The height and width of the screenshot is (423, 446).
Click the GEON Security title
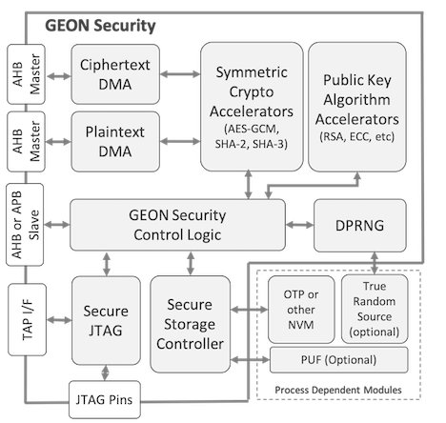point(100,26)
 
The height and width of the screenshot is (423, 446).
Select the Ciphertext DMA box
point(115,74)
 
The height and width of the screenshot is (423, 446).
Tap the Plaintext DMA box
point(115,142)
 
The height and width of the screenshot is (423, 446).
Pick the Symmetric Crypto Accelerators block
point(252,107)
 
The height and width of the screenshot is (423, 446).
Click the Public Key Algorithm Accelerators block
point(357,107)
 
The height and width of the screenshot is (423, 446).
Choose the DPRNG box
point(360,226)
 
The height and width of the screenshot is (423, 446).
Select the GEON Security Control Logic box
point(177,225)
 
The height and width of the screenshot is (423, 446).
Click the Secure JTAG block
point(106,320)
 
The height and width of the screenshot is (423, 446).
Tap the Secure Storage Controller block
point(190,324)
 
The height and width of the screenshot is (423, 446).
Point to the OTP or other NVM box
point(301,310)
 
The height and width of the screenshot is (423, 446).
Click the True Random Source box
point(375,309)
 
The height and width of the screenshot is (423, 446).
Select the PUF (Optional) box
point(339,360)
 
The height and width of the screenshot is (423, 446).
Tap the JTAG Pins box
point(105,399)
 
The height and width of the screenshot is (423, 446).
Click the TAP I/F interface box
point(27,319)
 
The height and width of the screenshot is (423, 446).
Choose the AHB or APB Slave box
point(25,225)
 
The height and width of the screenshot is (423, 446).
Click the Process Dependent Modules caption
point(338,390)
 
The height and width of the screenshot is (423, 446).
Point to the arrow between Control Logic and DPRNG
point(299,225)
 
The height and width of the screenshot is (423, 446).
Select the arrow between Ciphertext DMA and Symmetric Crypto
point(180,74)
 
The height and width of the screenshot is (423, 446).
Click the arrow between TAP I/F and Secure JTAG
point(59,320)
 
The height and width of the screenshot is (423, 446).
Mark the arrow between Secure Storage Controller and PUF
point(250,360)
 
